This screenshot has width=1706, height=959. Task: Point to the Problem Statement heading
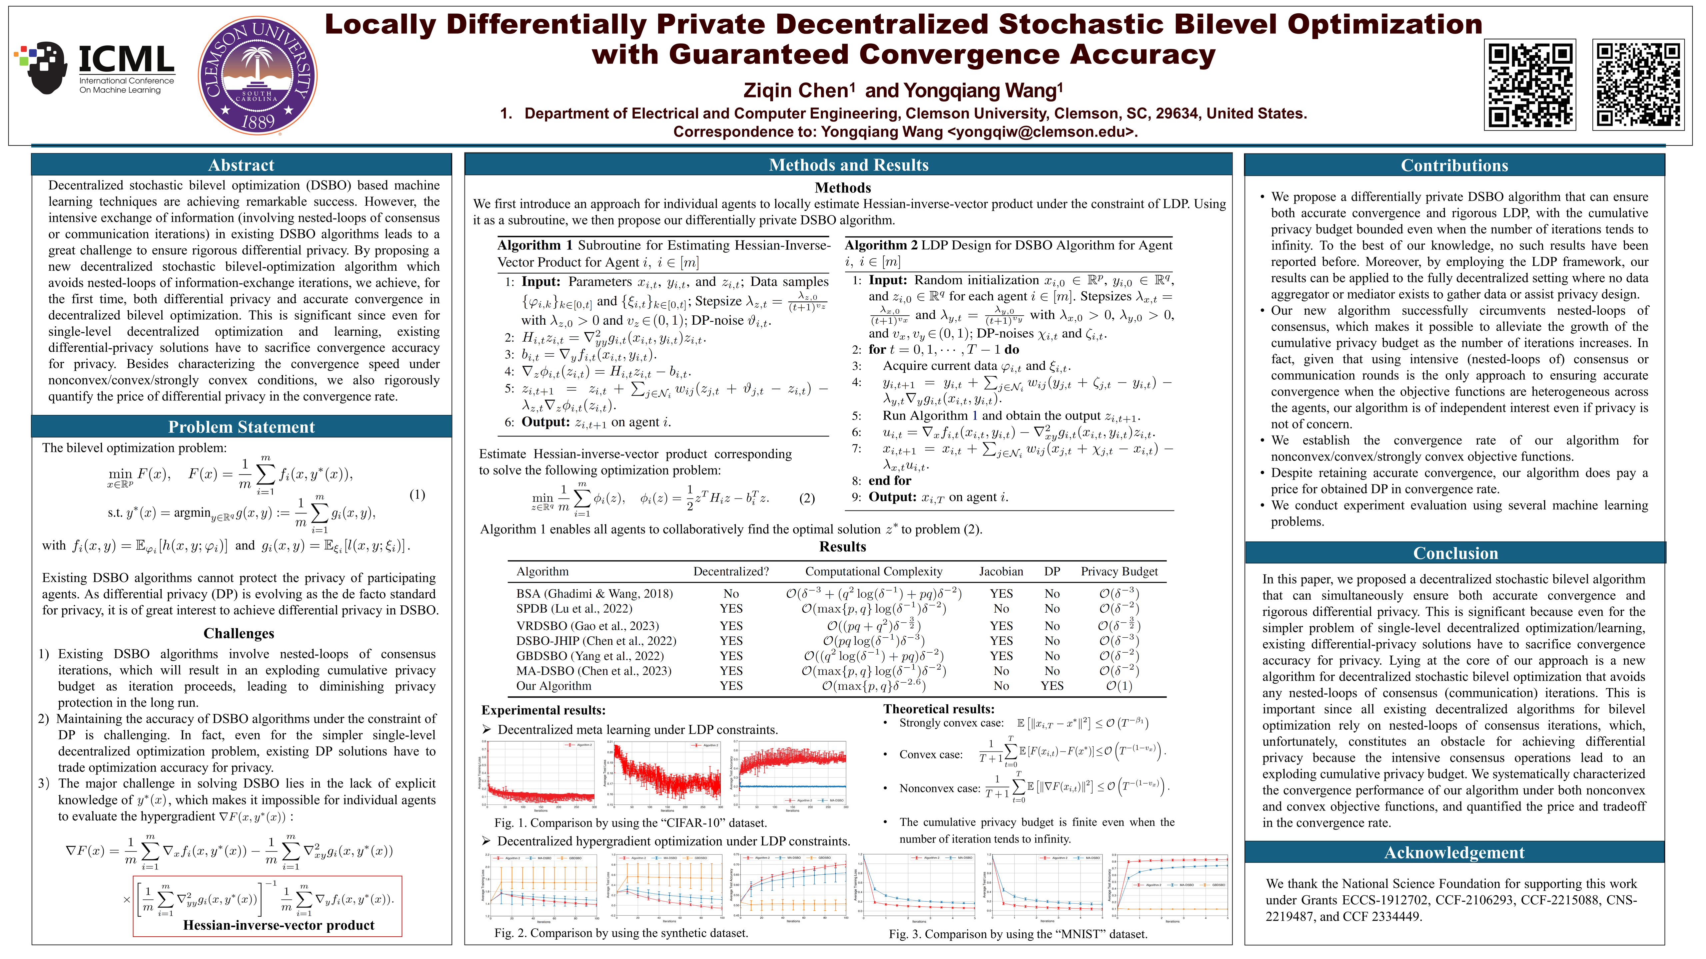tap(241, 427)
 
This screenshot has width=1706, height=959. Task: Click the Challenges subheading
tap(239, 633)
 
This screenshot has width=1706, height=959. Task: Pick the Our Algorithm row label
tap(554, 686)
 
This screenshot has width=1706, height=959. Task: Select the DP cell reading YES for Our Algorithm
tap(1052, 686)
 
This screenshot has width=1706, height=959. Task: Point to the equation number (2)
tap(807, 498)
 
